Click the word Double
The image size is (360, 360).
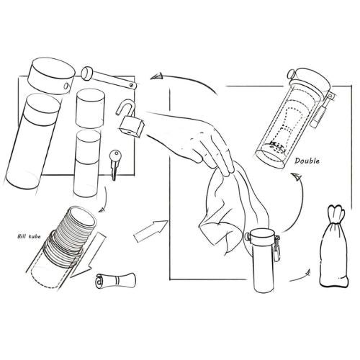tap(307, 161)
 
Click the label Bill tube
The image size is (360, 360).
tap(29, 236)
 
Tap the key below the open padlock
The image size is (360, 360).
tap(114, 165)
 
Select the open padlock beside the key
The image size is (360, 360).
tap(130, 119)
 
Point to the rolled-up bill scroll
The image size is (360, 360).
tap(116, 281)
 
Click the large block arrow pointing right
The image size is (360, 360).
tap(150, 231)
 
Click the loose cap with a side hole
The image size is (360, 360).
tap(51, 76)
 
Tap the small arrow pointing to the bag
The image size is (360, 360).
tap(300, 276)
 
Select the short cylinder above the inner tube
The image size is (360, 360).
tap(90, 109)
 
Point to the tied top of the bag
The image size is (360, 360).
tap(336, 213)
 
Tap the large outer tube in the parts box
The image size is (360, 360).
tap(32, 142)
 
